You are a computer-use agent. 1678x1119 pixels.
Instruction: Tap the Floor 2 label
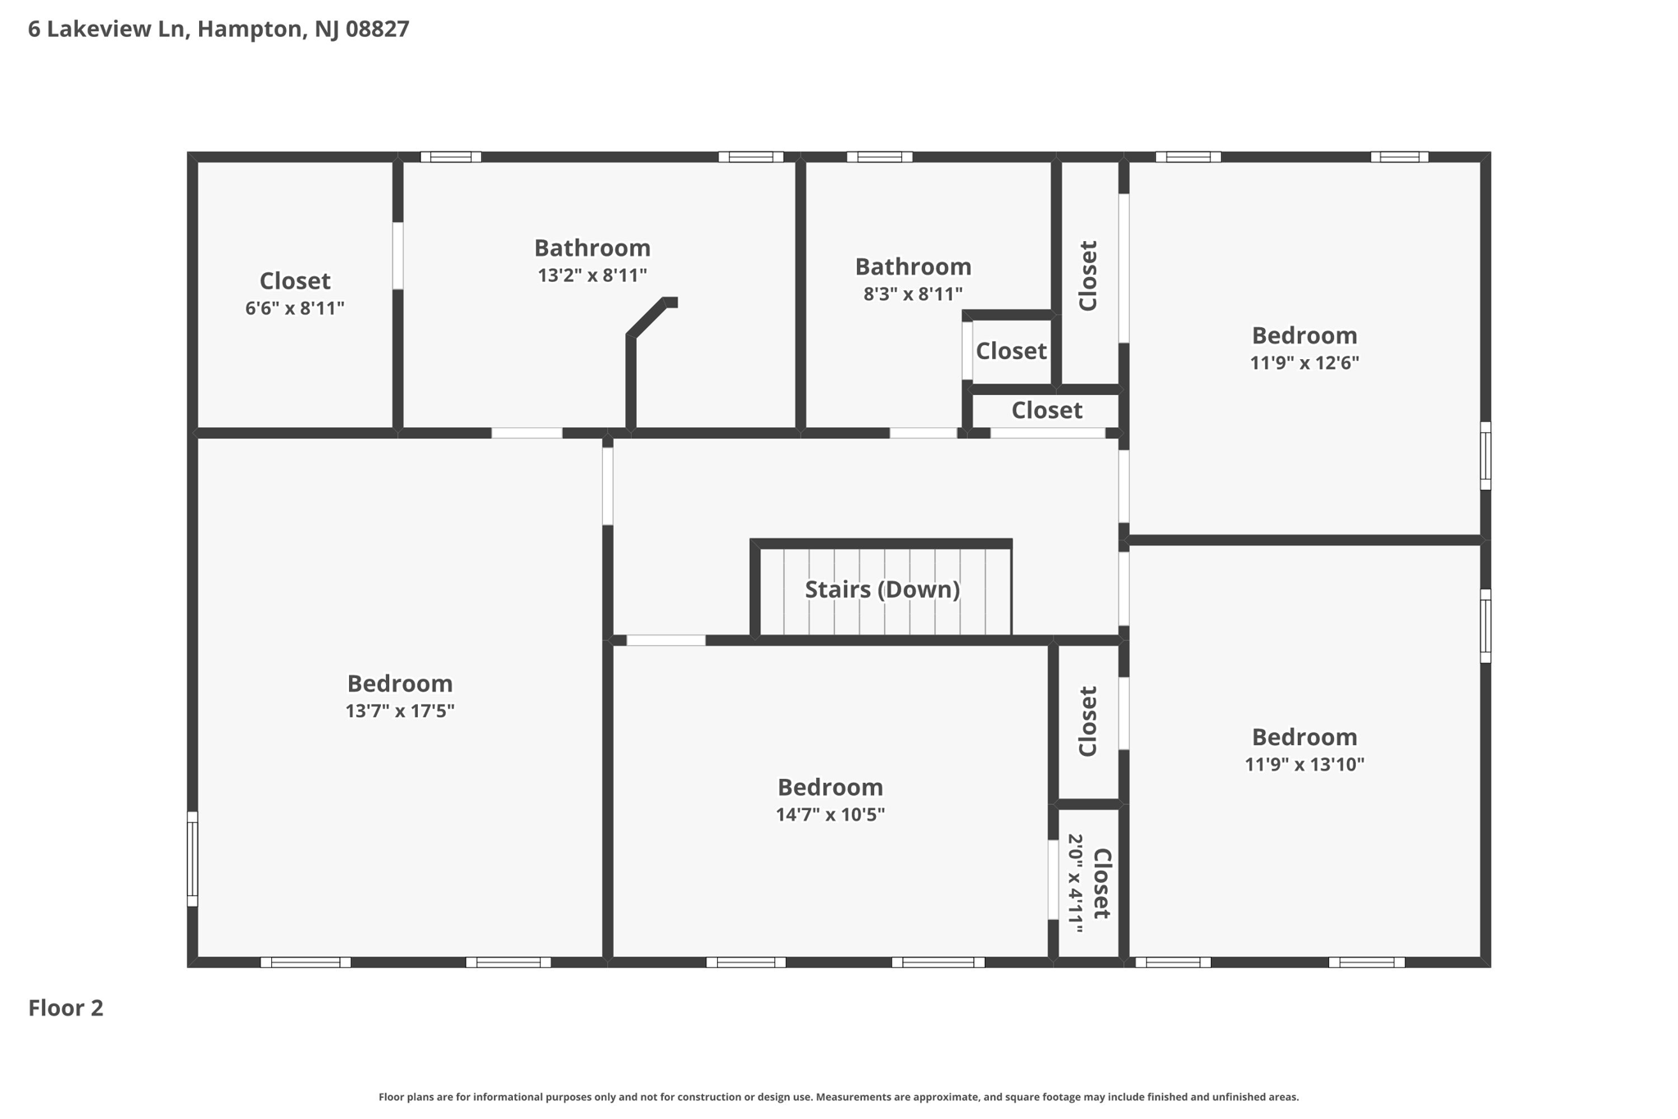click(66, 1008)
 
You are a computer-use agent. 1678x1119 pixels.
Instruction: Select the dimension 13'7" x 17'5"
click(399, 711)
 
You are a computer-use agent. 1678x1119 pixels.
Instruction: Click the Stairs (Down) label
click(882, 589)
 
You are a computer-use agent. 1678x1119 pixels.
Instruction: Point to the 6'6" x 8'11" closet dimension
click(294, 308)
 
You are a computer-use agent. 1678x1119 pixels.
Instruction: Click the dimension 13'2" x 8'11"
click(592, 275)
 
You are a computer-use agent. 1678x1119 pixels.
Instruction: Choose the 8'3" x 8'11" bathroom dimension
click(913, 294)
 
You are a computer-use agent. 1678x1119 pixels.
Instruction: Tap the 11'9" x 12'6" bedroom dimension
click(1304, 362)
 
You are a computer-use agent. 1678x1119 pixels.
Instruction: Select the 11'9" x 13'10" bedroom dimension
click(1304, 764)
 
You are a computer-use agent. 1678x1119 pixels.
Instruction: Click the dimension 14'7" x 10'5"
click(830, 814)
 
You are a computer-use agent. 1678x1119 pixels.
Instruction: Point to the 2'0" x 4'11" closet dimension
click(1075, 884)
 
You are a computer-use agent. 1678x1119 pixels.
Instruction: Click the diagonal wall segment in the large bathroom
click(648, 318)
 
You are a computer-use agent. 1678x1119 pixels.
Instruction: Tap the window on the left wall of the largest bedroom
click(193, 858)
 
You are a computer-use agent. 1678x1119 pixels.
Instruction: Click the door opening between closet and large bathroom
click(397, 255)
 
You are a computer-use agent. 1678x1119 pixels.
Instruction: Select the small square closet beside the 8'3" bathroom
click(1011, 351)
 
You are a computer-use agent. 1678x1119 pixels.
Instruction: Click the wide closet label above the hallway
click(1046, 410)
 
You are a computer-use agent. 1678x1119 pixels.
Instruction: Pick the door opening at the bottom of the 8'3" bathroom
click(923, 433)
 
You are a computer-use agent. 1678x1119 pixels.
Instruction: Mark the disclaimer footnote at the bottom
click(838, 1097)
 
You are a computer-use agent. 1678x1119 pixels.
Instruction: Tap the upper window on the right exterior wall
click(1485, 456)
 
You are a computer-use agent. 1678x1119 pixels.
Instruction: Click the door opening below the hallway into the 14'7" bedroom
click(665, 640)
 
